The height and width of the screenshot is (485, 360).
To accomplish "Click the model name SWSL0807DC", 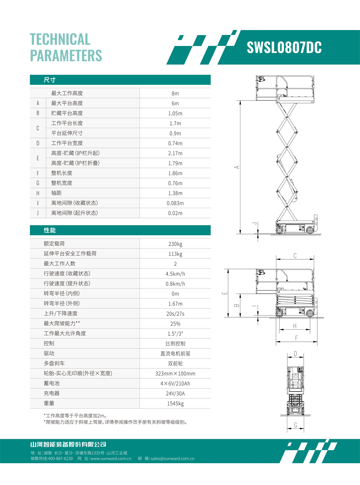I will (x=284, y=48).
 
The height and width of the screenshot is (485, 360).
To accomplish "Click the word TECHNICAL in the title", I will (x=60, y=39).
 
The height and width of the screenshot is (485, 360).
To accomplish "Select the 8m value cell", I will (x=175, y=93).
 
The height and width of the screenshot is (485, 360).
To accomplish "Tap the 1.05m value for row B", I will (x=175, y=113).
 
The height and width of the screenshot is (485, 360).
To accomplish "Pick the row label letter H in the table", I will (x=38, y=193).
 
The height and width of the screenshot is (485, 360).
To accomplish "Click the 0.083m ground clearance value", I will (x=175, y=203).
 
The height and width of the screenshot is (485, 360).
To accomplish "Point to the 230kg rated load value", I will (x=175, y=244).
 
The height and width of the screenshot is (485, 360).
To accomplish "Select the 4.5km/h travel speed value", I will (x=175, y=274).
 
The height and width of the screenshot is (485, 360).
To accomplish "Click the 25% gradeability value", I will (x=175, y=324).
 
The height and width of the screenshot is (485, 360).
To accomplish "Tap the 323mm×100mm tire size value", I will (x=175, y=374).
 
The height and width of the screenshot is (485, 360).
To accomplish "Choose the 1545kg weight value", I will (x=175, y=404).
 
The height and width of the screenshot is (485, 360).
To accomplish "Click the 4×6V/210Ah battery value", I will (x=175, y=384).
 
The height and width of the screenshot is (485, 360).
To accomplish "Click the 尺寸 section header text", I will (x=49, y=80).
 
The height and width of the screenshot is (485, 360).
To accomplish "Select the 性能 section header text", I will (x=49, y=230).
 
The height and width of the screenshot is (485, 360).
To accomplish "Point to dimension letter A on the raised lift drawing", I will (x=237, y=167).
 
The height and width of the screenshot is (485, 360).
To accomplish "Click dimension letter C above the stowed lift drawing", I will (x=295, y=256).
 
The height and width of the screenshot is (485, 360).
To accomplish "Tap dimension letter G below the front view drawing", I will (x=295, y=425).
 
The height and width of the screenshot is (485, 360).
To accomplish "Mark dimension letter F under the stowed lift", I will (x=296, y=338).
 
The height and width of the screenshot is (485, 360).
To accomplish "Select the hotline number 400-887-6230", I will (x=60, y=458).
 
